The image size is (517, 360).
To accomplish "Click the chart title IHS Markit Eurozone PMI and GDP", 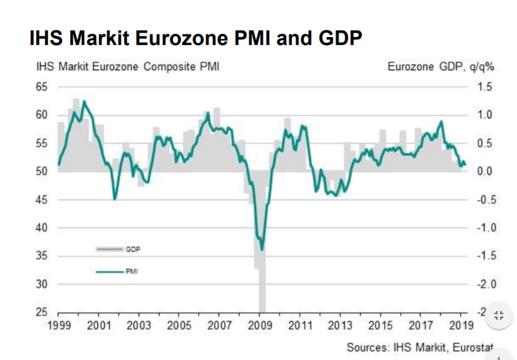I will tap(195, 38).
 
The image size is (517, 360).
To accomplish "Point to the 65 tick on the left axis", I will tap(41, 87).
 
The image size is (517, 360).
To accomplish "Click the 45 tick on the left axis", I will tap(41, 199).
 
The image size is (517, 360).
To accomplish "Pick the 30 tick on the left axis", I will tap(41, 284).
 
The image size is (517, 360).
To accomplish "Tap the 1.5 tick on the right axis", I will tap(485, 87).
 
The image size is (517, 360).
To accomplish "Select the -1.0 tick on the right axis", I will tap(483, 228).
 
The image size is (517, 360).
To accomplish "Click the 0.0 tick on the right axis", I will tap(485, 171).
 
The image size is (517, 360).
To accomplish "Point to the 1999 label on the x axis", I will tap(58, 325).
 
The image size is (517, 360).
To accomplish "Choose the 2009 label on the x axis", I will tap(259, 325).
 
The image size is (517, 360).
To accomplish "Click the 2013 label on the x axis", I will tap(340, 325).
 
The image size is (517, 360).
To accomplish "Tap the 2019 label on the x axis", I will tap(460, 325).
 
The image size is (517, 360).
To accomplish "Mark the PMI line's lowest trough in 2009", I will tap(262, 249).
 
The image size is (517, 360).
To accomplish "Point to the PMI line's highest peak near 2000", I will tap(84, 102).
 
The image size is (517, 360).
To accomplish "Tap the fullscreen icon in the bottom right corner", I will tap(499, 316).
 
